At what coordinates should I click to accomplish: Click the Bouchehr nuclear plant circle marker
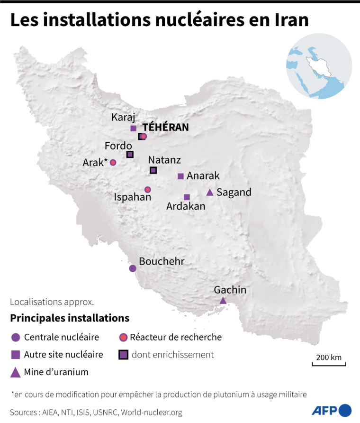(133, 268)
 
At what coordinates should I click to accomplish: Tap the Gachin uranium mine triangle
(223, 301)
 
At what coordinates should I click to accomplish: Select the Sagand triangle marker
(209, 193)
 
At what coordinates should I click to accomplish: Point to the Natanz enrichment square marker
(153, 170)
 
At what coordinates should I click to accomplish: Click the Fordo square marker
(130, 154)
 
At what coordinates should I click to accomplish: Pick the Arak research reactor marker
(113, 163)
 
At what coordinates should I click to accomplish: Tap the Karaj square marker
(133, 128)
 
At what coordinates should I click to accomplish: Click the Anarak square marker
(180, 176)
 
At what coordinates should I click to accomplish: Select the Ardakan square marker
(187, 197)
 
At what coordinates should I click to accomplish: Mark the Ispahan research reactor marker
(147, 189)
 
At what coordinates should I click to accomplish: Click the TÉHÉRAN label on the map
(166, 127)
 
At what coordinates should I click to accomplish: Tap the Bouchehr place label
(162, 261)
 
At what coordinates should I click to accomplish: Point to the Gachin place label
(230, 290)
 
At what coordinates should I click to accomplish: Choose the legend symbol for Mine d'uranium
(16, 372)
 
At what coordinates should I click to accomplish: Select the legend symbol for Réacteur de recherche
(123, 338)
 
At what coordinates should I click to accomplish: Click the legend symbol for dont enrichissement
(123, 355)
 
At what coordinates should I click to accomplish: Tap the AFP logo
(332, 410)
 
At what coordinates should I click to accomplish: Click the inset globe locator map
(319, 66)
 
